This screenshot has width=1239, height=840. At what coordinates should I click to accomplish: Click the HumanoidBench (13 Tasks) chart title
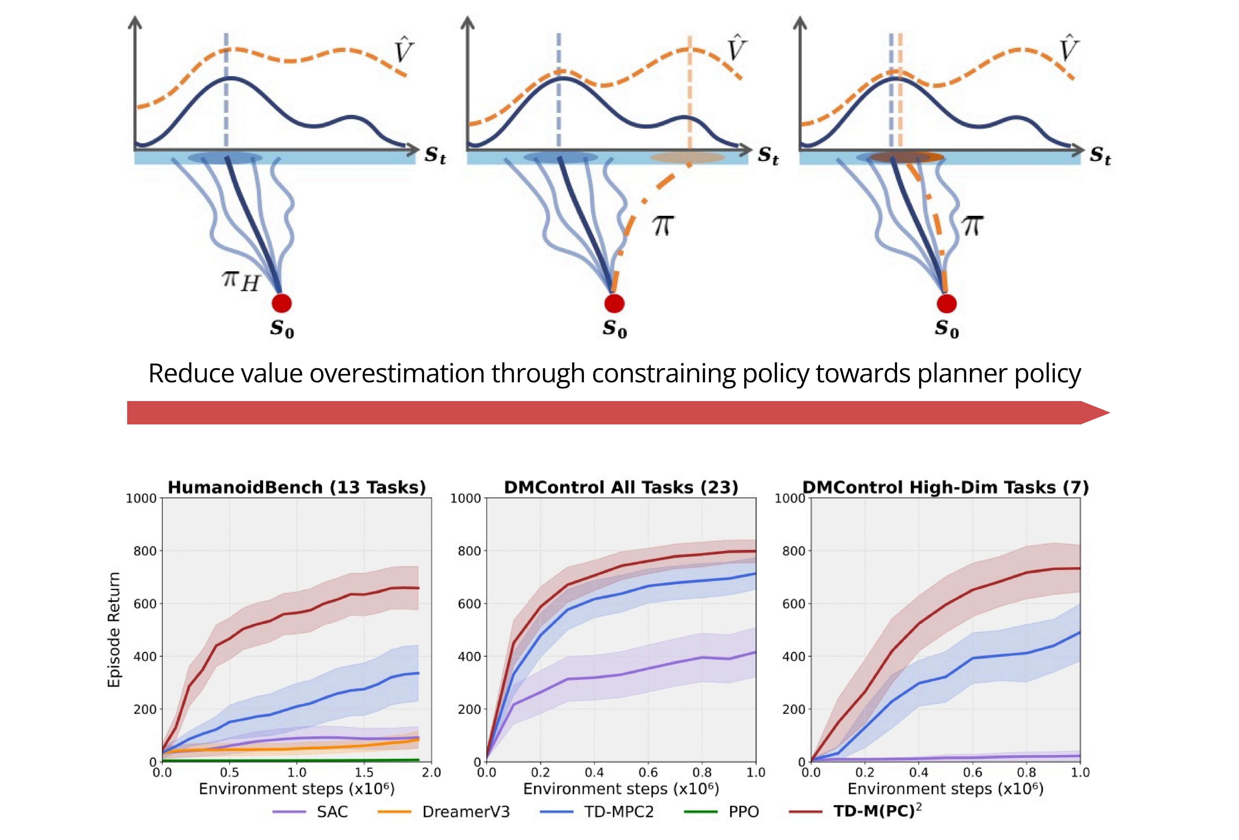(296, 487)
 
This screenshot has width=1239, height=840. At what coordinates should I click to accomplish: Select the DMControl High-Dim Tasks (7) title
(945, 487)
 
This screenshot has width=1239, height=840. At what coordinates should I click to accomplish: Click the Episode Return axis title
(114, 629)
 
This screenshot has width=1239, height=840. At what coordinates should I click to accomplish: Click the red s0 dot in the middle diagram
(614, 303)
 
